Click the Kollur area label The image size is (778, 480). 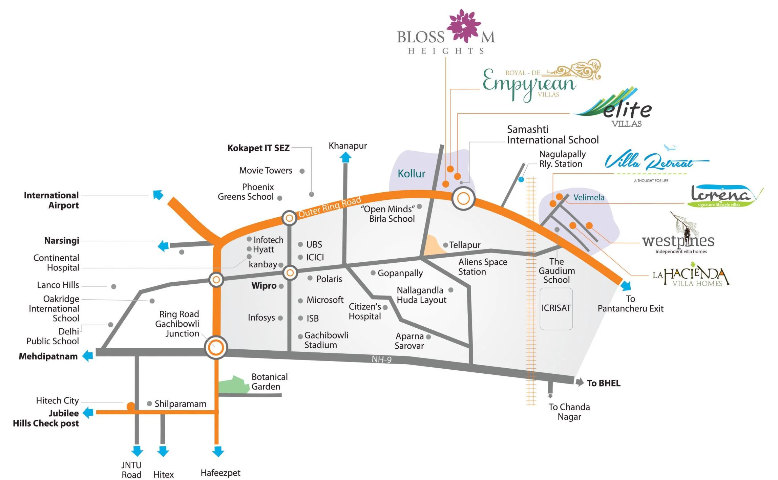pos(411,174)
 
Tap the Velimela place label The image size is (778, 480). pos(589,197)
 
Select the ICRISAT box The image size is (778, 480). pos(556,308)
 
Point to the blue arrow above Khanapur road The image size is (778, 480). pos(345,157)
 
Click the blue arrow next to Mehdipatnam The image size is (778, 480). pos(88,356)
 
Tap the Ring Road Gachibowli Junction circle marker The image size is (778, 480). pos(216,347)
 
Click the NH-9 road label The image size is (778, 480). pos(381,359)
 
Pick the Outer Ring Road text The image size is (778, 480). pos(330,207)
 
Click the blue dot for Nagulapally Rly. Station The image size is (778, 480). pos(521,179)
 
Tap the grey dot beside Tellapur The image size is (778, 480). pos(446,245)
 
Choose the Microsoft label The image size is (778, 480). pos(325,300)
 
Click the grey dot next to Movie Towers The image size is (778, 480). pos(302,171)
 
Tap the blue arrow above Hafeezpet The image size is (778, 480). pos(218,452)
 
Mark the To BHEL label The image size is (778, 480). pos(604,383)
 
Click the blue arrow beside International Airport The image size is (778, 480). pos(158,195)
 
